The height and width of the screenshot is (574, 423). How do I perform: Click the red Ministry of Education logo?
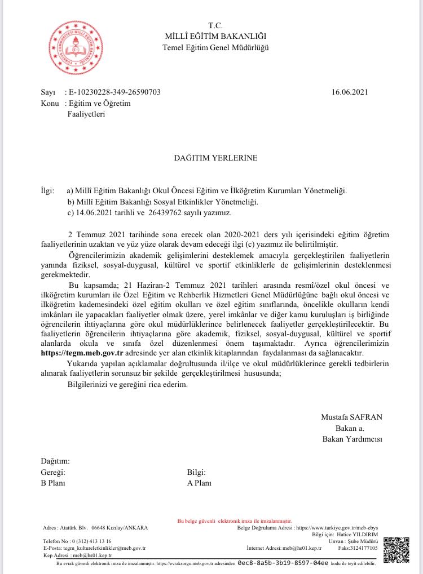click(76, 43)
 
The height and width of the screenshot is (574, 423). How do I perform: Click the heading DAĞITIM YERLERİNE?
click(215, 158)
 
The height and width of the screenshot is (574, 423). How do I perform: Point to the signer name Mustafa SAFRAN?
click(351, 417)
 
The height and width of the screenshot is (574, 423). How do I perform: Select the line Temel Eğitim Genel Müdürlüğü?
click(215, 47)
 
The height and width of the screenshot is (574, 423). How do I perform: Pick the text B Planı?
click(54, 483)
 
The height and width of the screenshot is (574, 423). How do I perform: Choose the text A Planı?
click(199, 483)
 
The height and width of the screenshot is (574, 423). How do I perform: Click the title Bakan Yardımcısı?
click(352, 439)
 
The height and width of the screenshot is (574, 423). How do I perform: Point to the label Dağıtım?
click(55, 461)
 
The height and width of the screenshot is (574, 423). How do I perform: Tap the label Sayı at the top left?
click(49, 92)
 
